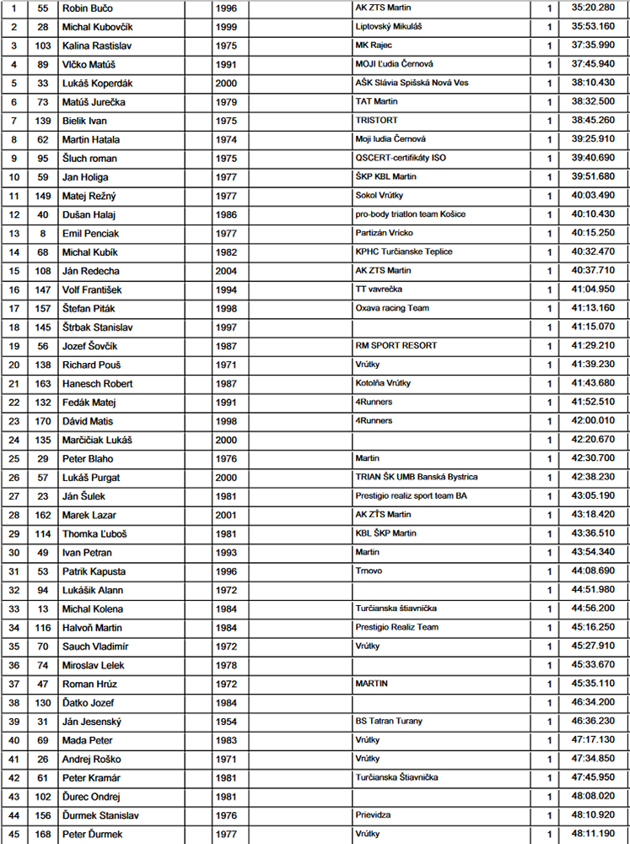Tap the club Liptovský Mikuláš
point(389,26)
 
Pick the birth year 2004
point(226,271)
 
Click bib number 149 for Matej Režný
point(44,196)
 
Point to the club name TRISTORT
point(378,121)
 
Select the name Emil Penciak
point(91,233)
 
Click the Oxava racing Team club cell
point(392,308)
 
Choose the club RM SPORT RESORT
point(396,346)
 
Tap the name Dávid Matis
point(89,421)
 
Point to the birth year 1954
point(226,722)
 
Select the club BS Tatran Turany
point(389,722)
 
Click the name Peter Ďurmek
point(93,834)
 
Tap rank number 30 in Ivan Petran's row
point(13,553)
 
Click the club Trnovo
point(369,571)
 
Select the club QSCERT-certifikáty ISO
point(401,158)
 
